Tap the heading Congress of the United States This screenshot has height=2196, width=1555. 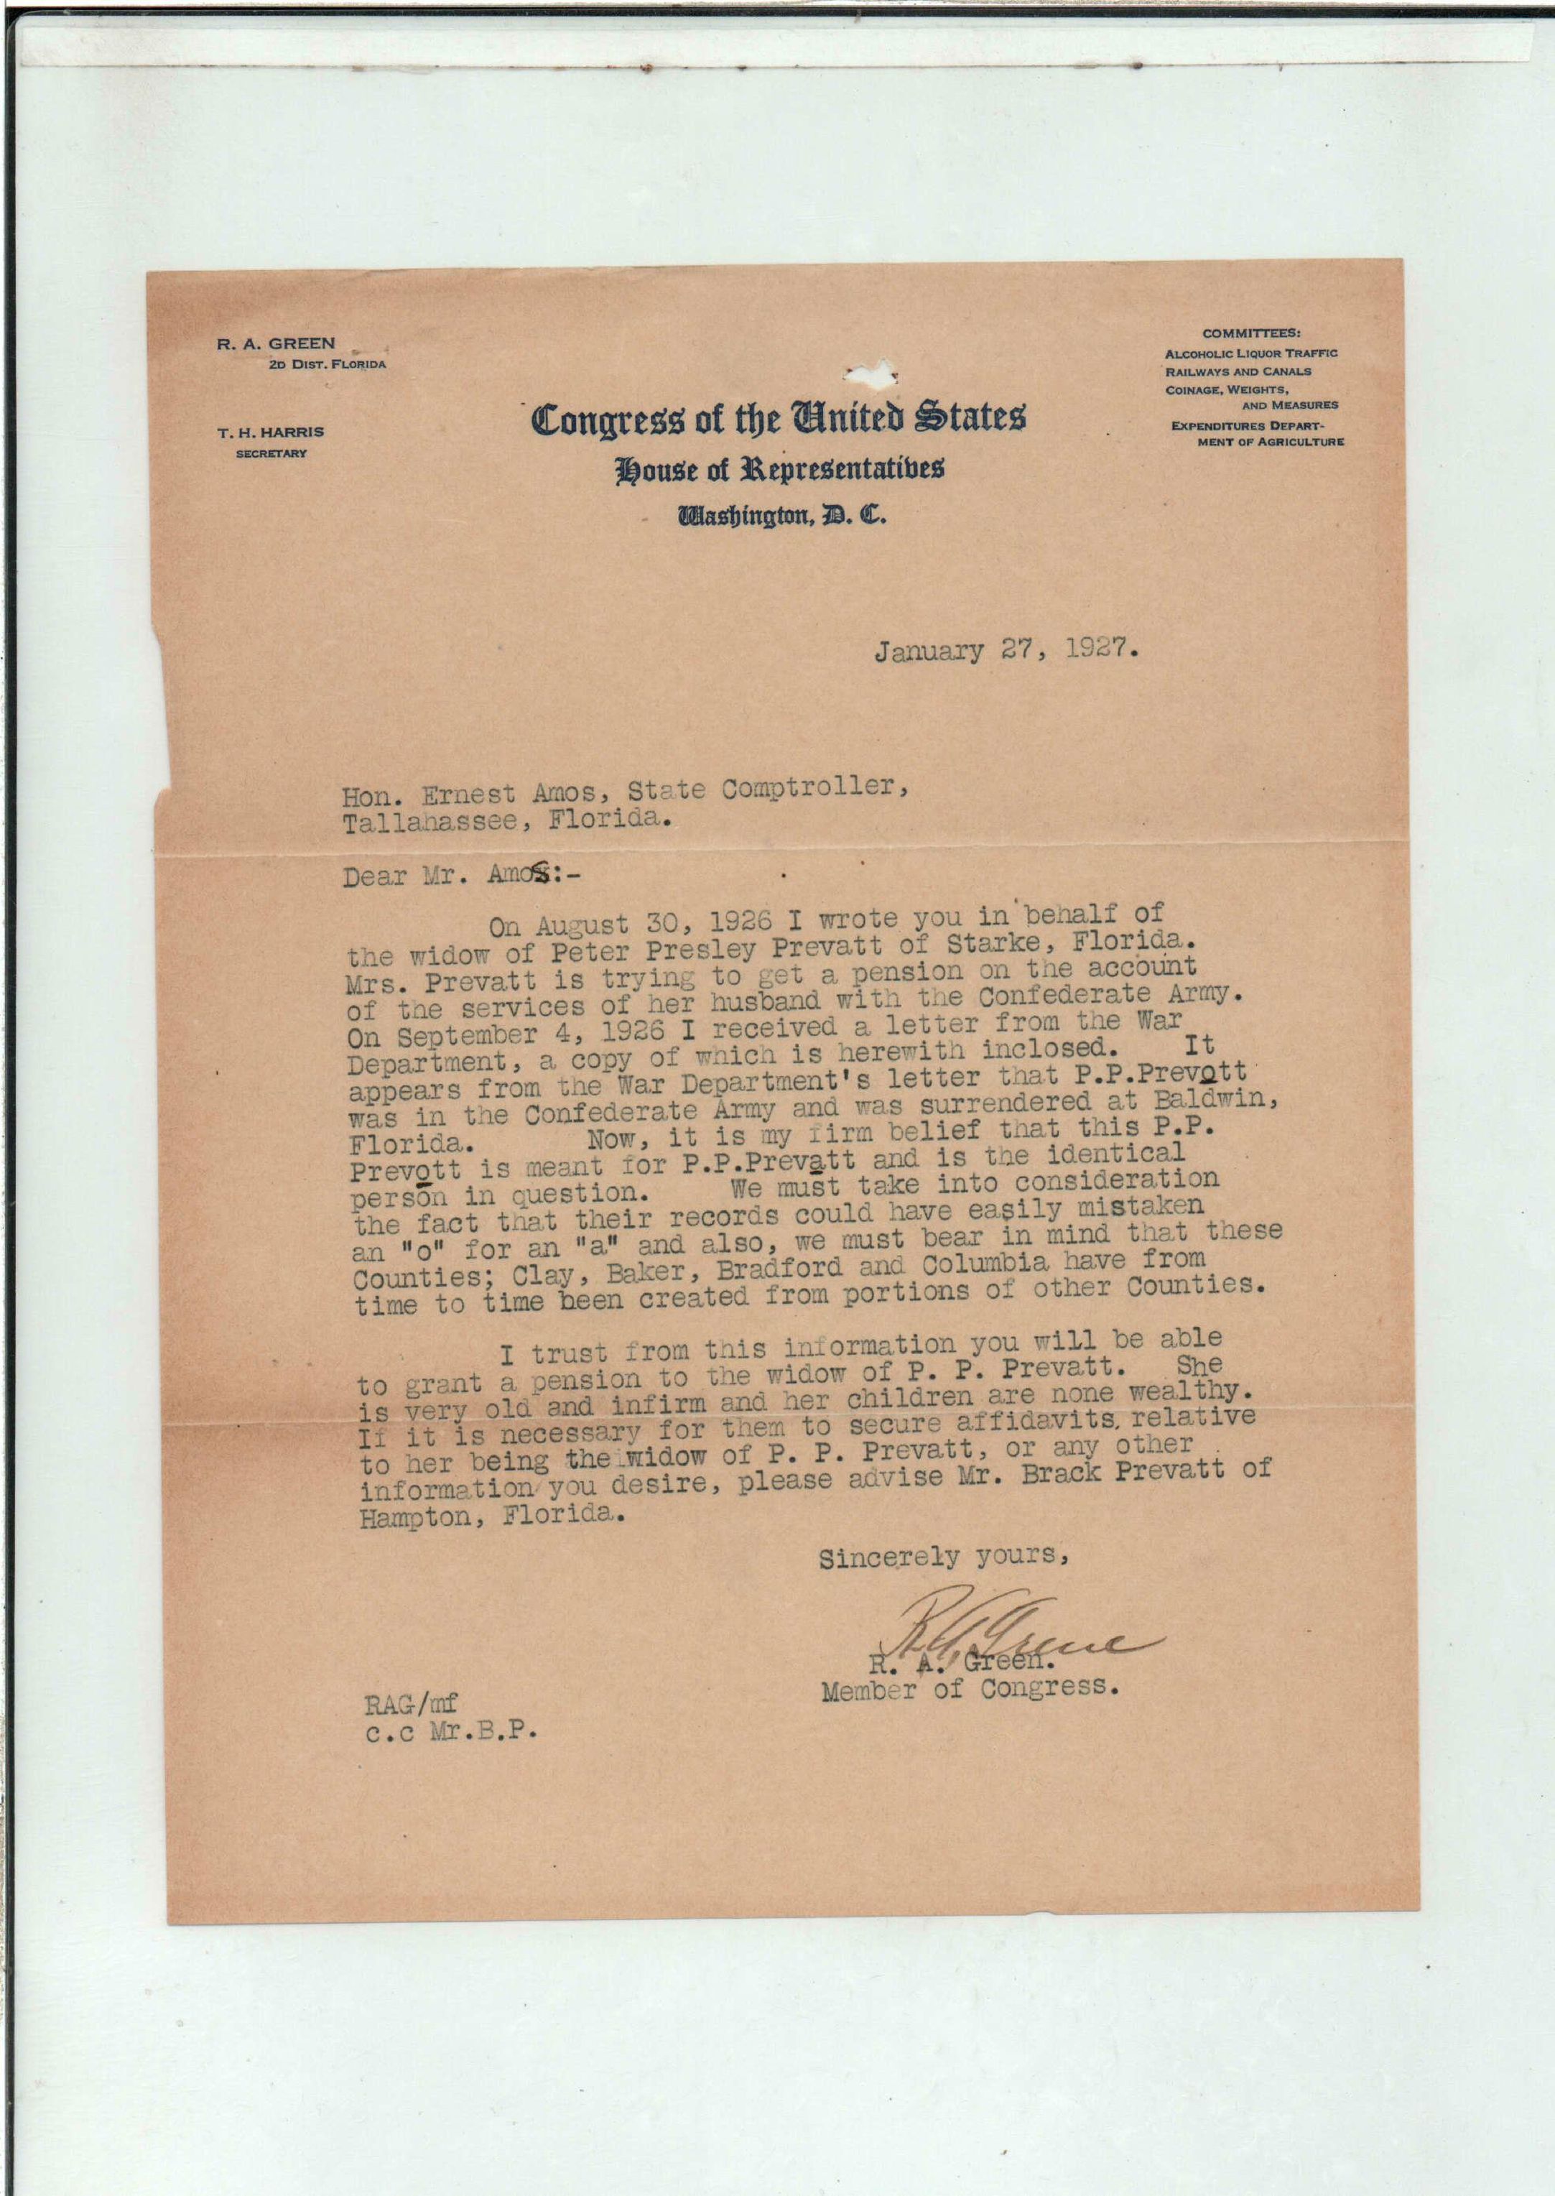click(x=779, y=419)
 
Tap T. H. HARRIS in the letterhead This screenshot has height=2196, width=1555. click(x=271, y=432)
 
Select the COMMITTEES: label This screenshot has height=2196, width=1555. click(x=1251, y=334)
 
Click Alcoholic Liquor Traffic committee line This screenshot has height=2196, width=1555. click(x=1250, y=353)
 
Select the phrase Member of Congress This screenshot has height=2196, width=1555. click(x=970, y=1688)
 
